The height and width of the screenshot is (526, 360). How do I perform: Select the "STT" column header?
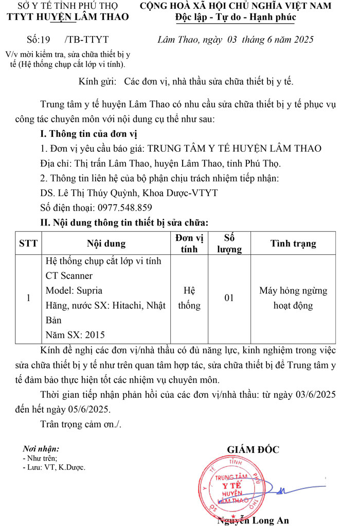coord(28,243)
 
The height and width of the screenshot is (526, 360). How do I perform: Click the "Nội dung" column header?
coord(106,243)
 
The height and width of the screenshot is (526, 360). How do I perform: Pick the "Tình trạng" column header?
coord(293,243)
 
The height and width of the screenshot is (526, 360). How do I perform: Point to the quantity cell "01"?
coord(229,298)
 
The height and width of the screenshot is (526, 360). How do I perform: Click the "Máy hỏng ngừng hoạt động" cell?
coord(293,298)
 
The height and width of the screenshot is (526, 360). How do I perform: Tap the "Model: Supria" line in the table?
coord(74,290)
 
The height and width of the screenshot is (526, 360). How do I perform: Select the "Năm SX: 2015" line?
coord(75,335)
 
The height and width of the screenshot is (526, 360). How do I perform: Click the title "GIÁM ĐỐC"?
coord(253,449)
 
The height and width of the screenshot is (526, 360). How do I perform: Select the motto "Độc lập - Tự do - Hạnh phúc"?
coord(236,19)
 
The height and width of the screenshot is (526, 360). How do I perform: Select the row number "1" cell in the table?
coord(28,298)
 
